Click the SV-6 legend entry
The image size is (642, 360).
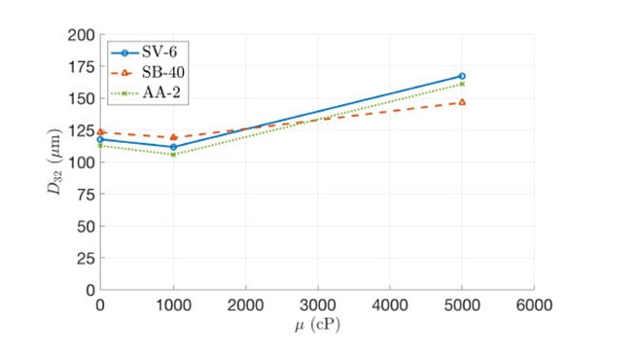[x=144, y=52]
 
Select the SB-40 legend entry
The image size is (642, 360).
[x=148, y=73]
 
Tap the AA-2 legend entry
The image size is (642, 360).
[x=145, y=92]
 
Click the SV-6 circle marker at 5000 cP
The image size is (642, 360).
[x=462, y=76]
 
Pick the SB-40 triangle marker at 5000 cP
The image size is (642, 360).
[x=462, y=102]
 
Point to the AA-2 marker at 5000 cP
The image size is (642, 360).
[x=462, y=84]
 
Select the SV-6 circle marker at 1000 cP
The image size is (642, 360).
[x=173, y=147]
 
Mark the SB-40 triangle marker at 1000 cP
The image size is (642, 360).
[x=173, y=137]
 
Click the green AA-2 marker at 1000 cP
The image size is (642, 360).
[x=173, y=155]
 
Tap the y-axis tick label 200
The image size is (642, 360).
[x=81, y=35]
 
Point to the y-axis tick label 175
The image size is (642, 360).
[x=81, y=67]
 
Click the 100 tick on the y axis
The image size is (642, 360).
[x=81, y=162]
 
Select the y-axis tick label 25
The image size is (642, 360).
[x=86, y=259]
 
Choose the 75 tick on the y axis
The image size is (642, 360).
[x=86, y=195]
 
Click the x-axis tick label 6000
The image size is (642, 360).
[x=534, y=306]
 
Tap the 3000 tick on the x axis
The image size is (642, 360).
[x=318, y=306]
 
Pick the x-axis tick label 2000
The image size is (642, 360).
[x=246, y=306]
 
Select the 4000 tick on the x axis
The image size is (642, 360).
[x=390, y=306]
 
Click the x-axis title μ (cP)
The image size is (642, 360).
[x=317, y=325]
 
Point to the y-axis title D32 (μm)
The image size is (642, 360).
[x=54, y=162]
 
